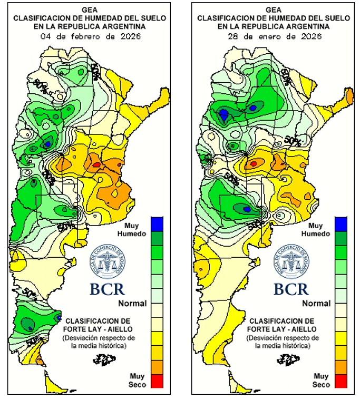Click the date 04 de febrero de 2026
coord(89,36)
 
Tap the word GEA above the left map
coord(90,9)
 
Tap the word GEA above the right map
coord(273,9)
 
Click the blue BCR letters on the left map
coord(106,289)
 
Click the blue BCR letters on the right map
coord(290,289)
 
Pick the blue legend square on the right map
coord(340,223)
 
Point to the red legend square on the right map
coord(340,379)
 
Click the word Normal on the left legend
coord(132,304)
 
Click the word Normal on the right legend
coord(316,304)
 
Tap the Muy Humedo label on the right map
coord(317,229)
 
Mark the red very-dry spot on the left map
coord(96,164)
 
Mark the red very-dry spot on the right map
coord(254,163)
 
